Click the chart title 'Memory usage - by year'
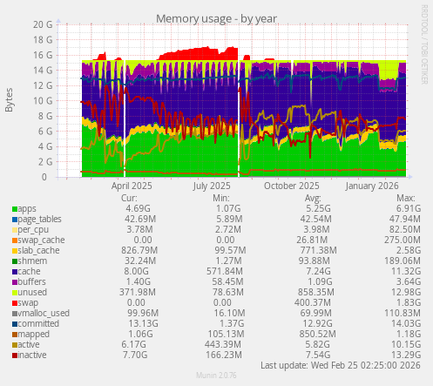point(213,18)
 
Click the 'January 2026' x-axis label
point(371,185)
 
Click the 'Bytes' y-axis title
point(10,100)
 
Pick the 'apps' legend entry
point(27,208)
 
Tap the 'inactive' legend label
point(33,355)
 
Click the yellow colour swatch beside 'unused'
point(14,293)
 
